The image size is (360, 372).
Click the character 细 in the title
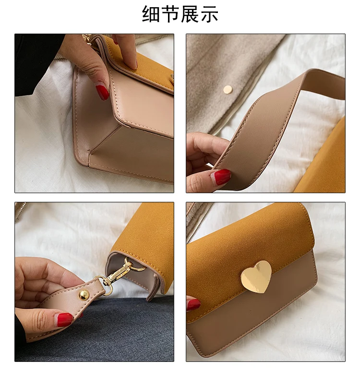point(151,14)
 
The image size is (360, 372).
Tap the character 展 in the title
point(190,14)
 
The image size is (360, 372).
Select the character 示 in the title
point(209,14)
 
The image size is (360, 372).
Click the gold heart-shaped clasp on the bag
point(256,277)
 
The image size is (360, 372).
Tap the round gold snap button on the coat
point(228,90)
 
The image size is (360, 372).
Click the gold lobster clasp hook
point(118,272)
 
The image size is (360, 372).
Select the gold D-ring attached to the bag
point(138,266)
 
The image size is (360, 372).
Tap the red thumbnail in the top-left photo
point(102,92)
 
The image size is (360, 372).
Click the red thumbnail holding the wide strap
point(222,176)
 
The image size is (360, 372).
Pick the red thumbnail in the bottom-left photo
point(65,319)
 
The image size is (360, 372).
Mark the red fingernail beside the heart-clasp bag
point(193,304)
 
